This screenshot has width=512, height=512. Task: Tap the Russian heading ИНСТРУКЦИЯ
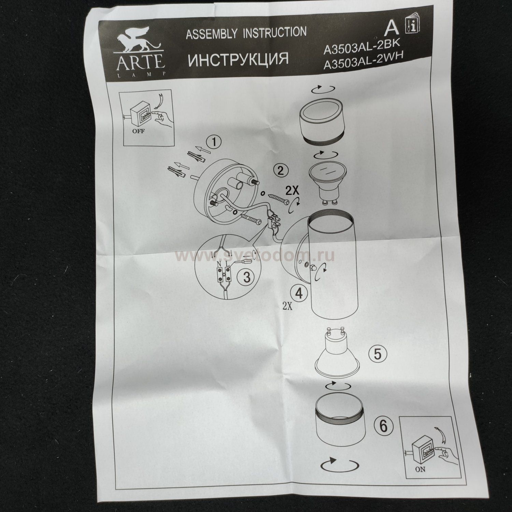click(238, 59)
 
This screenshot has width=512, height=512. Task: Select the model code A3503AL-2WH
click(363, 62)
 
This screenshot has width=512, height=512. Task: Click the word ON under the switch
click(420, 469)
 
